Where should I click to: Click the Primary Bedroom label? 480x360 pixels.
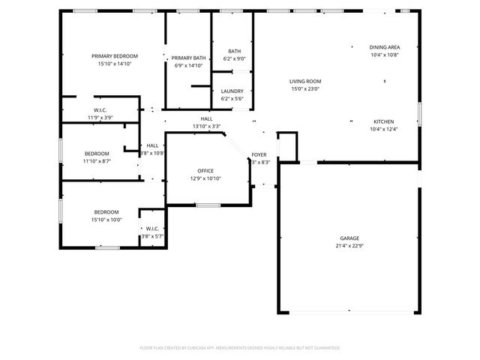pyautogui.click(x=115, y=56)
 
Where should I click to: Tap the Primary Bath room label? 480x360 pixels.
pyautogui.click(x=188, y=58)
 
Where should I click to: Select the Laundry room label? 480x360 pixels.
pyautogui.click(x=232, y=91)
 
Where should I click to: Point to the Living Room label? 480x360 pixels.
pyautogui.click(x=305, y=81)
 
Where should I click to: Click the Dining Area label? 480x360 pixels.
pyautogui.click(x=384, y=47)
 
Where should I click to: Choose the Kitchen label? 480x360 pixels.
pyautogui.click(x=384, y=121)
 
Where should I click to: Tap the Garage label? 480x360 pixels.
pyautogui.click(x=349, y=238)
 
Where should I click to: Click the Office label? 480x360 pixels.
pyautogui.click(x=205, y=171)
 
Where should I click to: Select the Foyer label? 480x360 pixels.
pyautogui.click(x=259, y=154)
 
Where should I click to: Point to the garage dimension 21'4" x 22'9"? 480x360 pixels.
pyautogui.click(x=349, y=246)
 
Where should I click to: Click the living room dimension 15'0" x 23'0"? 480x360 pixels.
pyautogui.click(x=305, y=89)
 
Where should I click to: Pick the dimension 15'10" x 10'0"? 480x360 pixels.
pyautogui.click(x=107, y=220)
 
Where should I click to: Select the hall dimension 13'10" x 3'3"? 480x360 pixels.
pyautogui.click(x=206, y=126)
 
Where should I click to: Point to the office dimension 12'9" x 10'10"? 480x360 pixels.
pyautogui.click(x=205, y=178)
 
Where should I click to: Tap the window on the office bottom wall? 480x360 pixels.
pyautogui.click(x=208, y=205)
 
